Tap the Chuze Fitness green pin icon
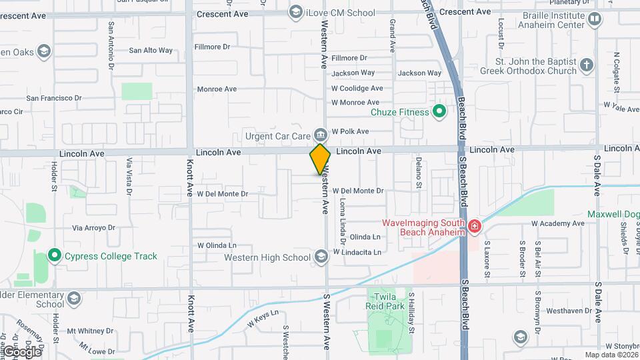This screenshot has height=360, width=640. (x=439, y=111)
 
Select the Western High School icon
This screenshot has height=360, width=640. (x=321, y=257)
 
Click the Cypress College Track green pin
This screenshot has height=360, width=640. (x=55, y=256)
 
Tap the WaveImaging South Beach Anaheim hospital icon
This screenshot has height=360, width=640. (x=474, y=227)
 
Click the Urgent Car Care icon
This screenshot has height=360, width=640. (x=321, y=136)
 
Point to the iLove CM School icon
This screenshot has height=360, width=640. (x=295, y=11)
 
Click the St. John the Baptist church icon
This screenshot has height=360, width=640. (x=586, y=65)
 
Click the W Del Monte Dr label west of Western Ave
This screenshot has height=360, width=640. (x=222, y=194)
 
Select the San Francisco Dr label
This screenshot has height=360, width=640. (x=53, y=98)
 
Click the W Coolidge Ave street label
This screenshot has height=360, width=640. (x=357, y=88)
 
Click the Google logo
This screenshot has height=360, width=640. (x=22, y=351)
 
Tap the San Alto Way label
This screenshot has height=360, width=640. (x=151, y=50)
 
